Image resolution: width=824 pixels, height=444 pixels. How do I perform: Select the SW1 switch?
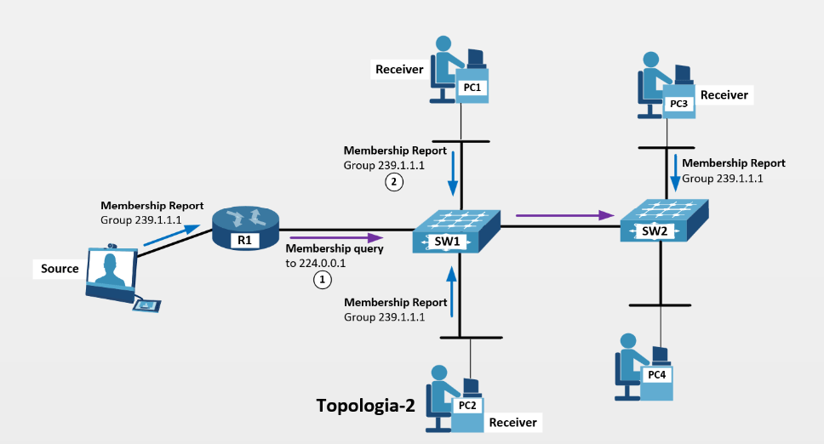tap(447, 227)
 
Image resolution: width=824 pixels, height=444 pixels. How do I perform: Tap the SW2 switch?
tap(661, 219)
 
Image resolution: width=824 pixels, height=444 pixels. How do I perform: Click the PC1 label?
tap(472, 88)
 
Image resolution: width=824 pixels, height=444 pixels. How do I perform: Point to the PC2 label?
tap(467, 406)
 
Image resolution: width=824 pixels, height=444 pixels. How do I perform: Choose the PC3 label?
tap(678, 104)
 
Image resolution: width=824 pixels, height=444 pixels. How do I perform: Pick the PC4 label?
tap(656, 375)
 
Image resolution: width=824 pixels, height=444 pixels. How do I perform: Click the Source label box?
tap(60, 269)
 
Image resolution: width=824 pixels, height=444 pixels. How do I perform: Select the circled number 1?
tap(322, 280)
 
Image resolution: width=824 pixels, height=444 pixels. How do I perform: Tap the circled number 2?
tap(392, 180)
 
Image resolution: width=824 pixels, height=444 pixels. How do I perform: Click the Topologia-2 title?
tap(365, 406)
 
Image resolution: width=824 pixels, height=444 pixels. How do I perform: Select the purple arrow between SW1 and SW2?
tap(567, 214)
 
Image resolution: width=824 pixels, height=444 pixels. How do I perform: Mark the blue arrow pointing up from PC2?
tap(452, 284)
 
